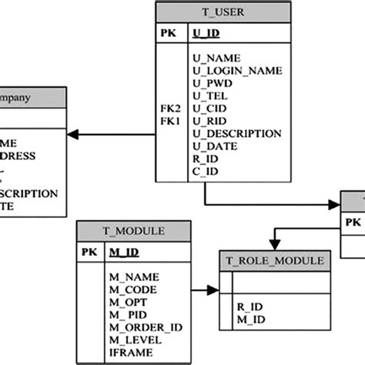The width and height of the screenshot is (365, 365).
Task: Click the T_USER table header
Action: (223, 12)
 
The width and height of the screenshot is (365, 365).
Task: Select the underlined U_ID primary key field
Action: (205, 33)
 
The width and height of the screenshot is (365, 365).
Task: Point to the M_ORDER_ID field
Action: (145, 328)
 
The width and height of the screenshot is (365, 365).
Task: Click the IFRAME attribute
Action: (126, 353)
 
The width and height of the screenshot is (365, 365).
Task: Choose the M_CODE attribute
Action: (132, 290)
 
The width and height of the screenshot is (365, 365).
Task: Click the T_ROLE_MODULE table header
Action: (276, 261)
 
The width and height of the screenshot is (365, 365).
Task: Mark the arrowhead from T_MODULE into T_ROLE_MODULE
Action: (213, 290)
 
